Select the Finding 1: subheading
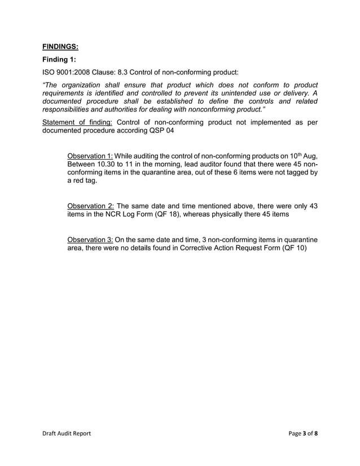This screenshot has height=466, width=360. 59,60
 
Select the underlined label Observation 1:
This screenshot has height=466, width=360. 89,156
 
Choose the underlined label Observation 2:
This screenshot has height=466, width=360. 89,206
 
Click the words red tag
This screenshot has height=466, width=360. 82,181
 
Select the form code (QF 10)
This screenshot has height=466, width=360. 294,248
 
